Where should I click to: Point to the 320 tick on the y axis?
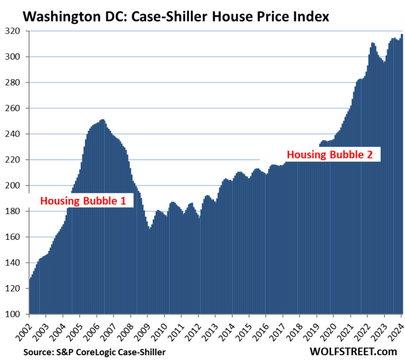pyautogui.click(x=16, y=31)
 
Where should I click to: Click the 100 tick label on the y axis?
pyautogui.click(x=16, y=315)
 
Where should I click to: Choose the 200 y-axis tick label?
pyautogui.click(x=16, y=186)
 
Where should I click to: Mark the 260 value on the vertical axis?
pyautogui.click(x=16, y=109)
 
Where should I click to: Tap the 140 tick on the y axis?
pyautogui.click(x=16, y=263)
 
